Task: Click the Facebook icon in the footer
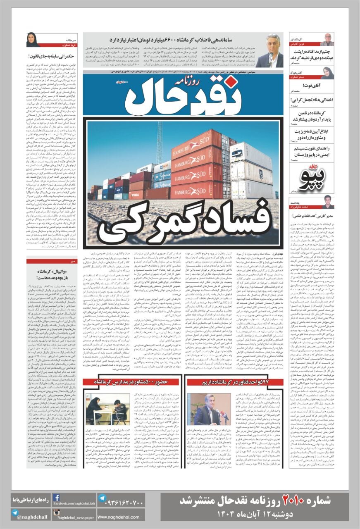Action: pos(57,498)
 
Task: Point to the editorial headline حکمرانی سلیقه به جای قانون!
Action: pos(51,55)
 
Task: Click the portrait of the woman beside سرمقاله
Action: pos(33,40)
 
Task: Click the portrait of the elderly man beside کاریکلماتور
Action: pos(327,40)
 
